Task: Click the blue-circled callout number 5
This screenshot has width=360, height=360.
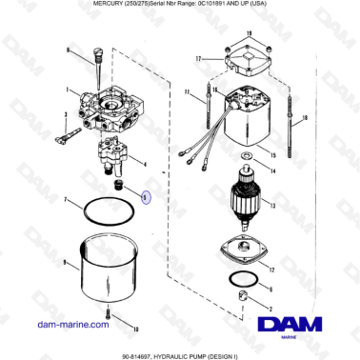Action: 146,197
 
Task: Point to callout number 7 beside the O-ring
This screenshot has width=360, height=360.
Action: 65,201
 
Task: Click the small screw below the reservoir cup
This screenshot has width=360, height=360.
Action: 111,312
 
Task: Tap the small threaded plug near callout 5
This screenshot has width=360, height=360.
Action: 121,181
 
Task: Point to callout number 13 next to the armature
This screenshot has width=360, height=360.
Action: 270,207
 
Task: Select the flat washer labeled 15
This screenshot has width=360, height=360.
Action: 247,153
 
